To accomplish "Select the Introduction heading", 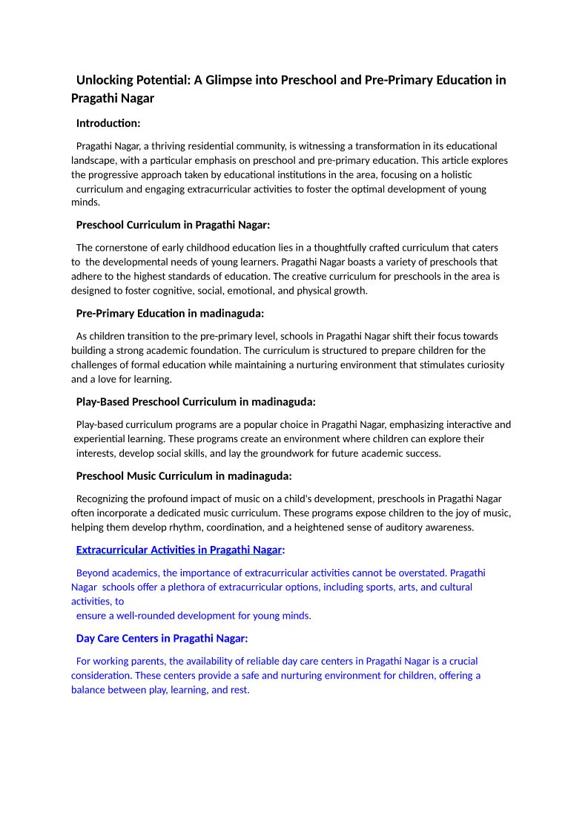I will pos(108,123).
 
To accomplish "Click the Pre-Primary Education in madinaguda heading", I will pos(170,313).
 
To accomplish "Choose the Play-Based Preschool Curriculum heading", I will pos(196,402).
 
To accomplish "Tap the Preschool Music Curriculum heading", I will pos(184,476).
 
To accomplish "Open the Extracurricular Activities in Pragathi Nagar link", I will pos(179,550).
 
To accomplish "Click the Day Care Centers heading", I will pos(162,639).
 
